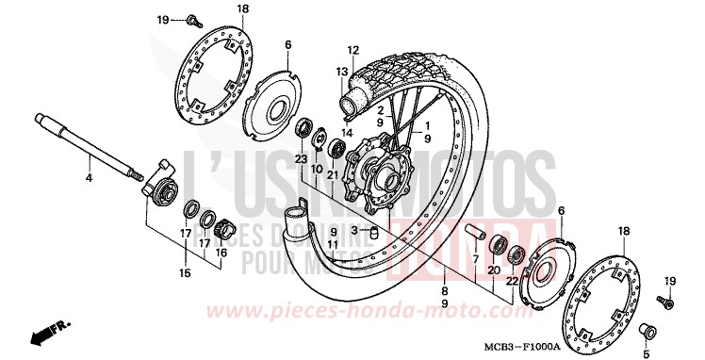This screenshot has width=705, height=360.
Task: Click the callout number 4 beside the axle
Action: tap(89, 178)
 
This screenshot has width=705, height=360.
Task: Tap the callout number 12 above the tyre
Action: tap(354, 50)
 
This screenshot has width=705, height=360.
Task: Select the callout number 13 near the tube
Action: tap(342, 72)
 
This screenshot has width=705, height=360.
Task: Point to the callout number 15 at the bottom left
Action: tap(185, 274)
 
